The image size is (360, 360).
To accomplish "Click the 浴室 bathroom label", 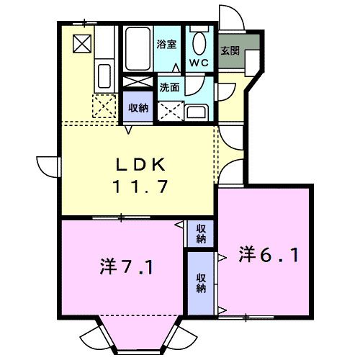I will click(x=166, y=44).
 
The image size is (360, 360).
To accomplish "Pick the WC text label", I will click(x=199, y=63).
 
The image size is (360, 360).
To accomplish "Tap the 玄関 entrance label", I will click(x=230, y=51).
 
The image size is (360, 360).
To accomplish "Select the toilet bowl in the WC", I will click(x=199, y=41).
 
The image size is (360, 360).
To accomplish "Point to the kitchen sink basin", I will click(x=103, y=75).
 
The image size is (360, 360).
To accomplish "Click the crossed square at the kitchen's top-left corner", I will click(x=82, y=44).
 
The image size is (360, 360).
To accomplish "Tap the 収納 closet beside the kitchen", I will click(x=138, y=108).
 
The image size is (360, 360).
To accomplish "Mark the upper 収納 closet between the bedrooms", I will click(x=202, y=233).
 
